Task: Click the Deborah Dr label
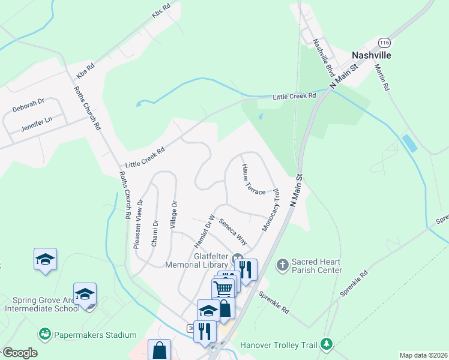(x=28, y=106)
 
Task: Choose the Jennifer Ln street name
(x=37, y=124)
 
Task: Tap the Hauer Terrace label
(x=253, y=179)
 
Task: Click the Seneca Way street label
(x=232, y=231)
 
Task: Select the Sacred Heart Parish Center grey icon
(x=283, y=265)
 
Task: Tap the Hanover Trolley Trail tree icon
(x=326, y=344)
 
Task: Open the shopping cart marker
(x=223, y=289)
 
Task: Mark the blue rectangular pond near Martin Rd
(x=409, y=144)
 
